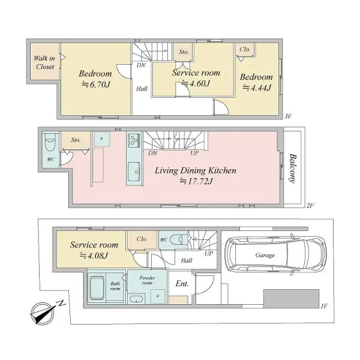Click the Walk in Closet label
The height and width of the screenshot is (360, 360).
(x=44, y=62)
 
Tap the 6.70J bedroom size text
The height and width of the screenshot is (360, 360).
(x=96, y=85)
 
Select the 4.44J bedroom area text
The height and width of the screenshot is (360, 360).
(x=257, y=88)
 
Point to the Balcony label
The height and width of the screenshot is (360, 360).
(x=293, y=168)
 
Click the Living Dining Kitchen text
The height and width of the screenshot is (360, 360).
(x=196, y=170)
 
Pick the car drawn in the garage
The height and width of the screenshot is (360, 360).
(x=275, y=254)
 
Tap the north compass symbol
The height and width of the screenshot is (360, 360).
(x=46, y=312)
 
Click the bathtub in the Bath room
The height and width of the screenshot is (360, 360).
(x=97, y=288)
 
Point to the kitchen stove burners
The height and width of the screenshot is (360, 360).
(x=133, y=140)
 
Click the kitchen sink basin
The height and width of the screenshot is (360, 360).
(x=134, y=172)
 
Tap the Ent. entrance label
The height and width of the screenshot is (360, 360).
(x=182, y=284)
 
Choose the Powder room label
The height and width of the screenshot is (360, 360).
(x=147, y=280)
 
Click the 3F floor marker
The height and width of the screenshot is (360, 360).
(x=288, y=116)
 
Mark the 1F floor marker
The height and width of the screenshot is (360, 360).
(x=324, y=306)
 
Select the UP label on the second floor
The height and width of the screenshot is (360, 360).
(x=194, y=152)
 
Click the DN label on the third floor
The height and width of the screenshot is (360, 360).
(x=141, y=65)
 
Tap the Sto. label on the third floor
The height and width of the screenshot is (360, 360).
(x=184, y=52)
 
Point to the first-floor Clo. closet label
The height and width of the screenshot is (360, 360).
(x=142, y=239)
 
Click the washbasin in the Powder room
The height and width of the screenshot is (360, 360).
(x=136, y=299)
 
